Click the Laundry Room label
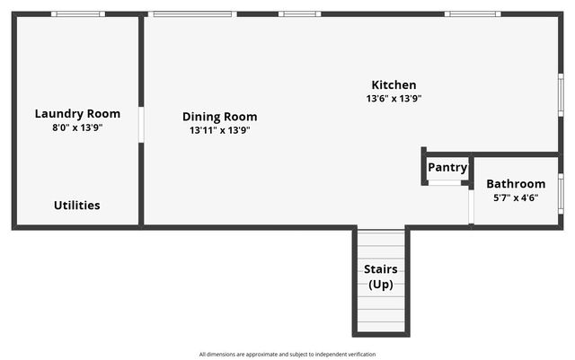click(77, 113)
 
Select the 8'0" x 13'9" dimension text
click(77, 127)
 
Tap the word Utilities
click(77, 205)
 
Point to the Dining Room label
click(219, 117)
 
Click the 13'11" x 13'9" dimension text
click(219, 130)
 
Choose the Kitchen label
click(394, 85)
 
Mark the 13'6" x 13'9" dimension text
click(394, 99)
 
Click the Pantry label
click(447, 167)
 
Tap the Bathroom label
click(516, 184)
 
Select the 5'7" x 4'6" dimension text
click(516, 198)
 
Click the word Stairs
click(381, 269)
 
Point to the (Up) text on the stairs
click(381, 284)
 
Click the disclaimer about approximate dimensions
click(287, 354)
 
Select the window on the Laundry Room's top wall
click(77, 14)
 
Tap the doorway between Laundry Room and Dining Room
click(141, 124)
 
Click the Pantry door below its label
click(444, 183)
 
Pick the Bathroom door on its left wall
click(471, 206)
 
